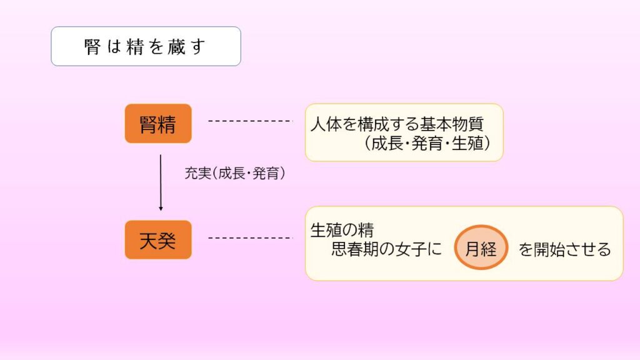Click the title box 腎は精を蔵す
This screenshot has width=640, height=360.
[146, 46]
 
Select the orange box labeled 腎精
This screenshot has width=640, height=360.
[158, 123]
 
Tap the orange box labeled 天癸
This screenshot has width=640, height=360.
[158, 239]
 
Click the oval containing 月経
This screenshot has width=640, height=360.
[481, 247]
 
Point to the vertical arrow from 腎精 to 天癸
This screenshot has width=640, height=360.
[161, 182]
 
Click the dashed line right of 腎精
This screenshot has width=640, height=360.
[250, 121]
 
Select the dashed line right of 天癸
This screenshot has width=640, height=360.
[250, 238]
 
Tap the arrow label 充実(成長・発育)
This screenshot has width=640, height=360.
[235, 173]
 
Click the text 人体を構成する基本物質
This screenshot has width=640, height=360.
[397, 124]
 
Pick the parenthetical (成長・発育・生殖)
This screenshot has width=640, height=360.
[427, 143]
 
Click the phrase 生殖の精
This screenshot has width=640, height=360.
[342, 230]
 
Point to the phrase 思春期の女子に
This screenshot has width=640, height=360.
[386, 249]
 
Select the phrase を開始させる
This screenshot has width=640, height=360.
[564, 249]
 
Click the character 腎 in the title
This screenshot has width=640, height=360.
[92, 46]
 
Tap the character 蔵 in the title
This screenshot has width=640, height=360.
[177, 46]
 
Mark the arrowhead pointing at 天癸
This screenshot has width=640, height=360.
[161, 208]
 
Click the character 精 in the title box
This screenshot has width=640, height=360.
[135, 46]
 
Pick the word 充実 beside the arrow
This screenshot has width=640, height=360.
[198, 173]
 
